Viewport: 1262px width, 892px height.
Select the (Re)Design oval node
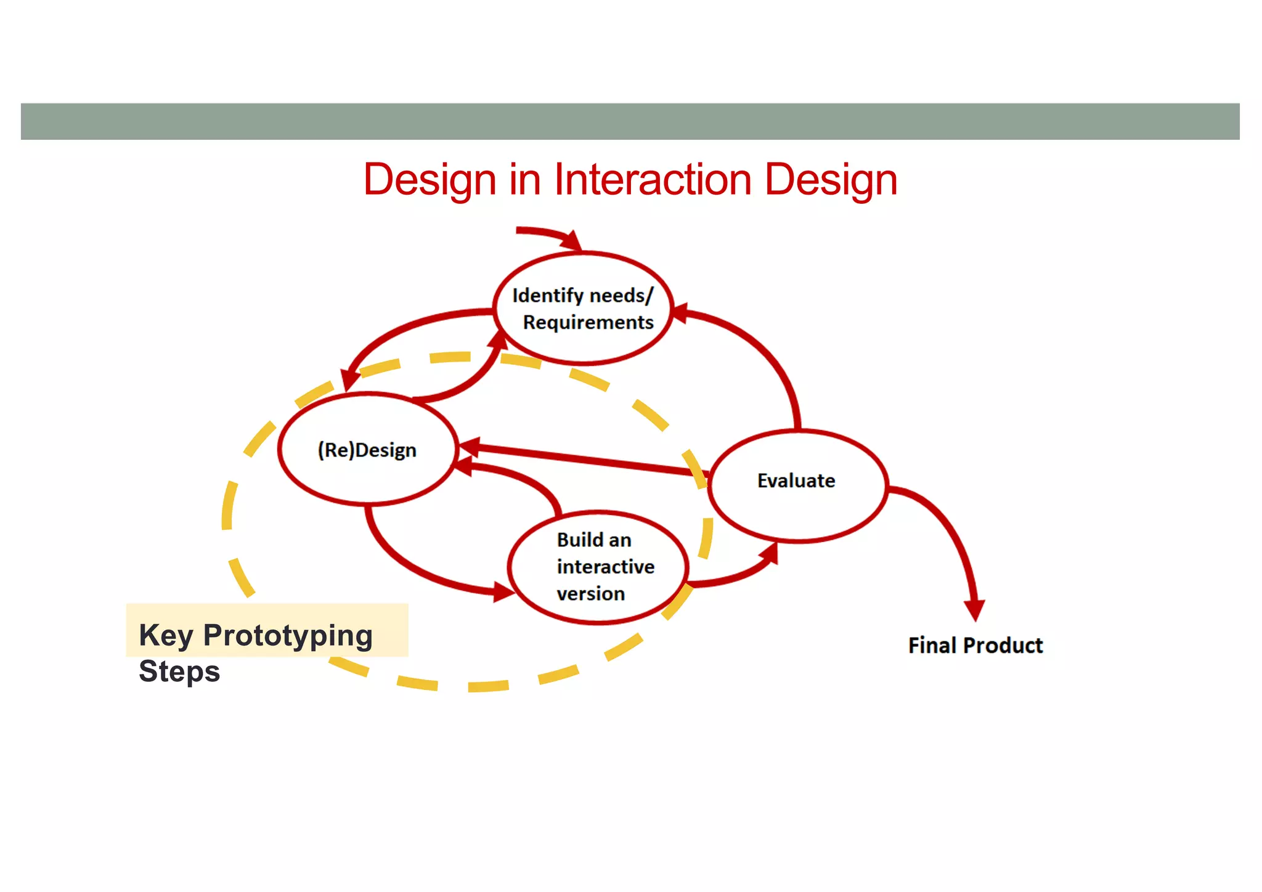point(368,450)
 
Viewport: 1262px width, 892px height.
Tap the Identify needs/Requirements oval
point(582,308)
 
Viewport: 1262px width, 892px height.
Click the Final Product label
point(975,645)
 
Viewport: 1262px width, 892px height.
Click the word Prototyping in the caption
point(288,636)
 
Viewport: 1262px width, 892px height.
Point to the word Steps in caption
point(179,671)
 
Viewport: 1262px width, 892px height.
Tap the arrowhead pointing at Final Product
point(974,609)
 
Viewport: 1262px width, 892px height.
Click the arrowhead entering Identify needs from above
point(574,241)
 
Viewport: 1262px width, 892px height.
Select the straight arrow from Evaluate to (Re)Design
point(585,459)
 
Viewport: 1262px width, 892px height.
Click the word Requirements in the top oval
point(588,322)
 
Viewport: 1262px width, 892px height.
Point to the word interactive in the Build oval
point(605,567)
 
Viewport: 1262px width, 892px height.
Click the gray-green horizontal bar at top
point(630,121)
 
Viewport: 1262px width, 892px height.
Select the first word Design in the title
point(429,179)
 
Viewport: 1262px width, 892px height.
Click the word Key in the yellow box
point(166,636)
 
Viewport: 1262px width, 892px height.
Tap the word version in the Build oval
point(590,594)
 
